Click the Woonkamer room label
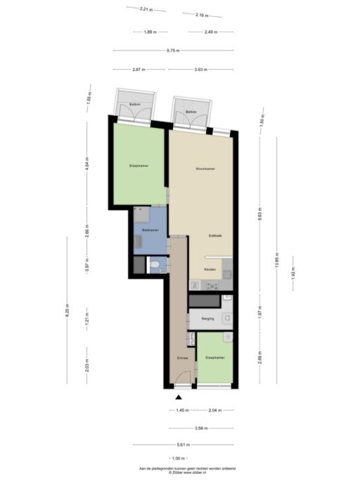click(x=205, y=169)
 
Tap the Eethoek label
click(x=215, y=235)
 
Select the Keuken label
click(x=210, y=269)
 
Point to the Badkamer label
click(x=150, y=230)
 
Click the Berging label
click(x=207, y=318)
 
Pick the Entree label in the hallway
click(x=182, y=358)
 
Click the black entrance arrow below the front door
click(x=179, y=396)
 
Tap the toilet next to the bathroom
click(x=154, y=265)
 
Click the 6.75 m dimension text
click(x=173, y=51)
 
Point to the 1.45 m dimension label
click(x=181, y=410)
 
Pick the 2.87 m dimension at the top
click(x=139, y=69)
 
